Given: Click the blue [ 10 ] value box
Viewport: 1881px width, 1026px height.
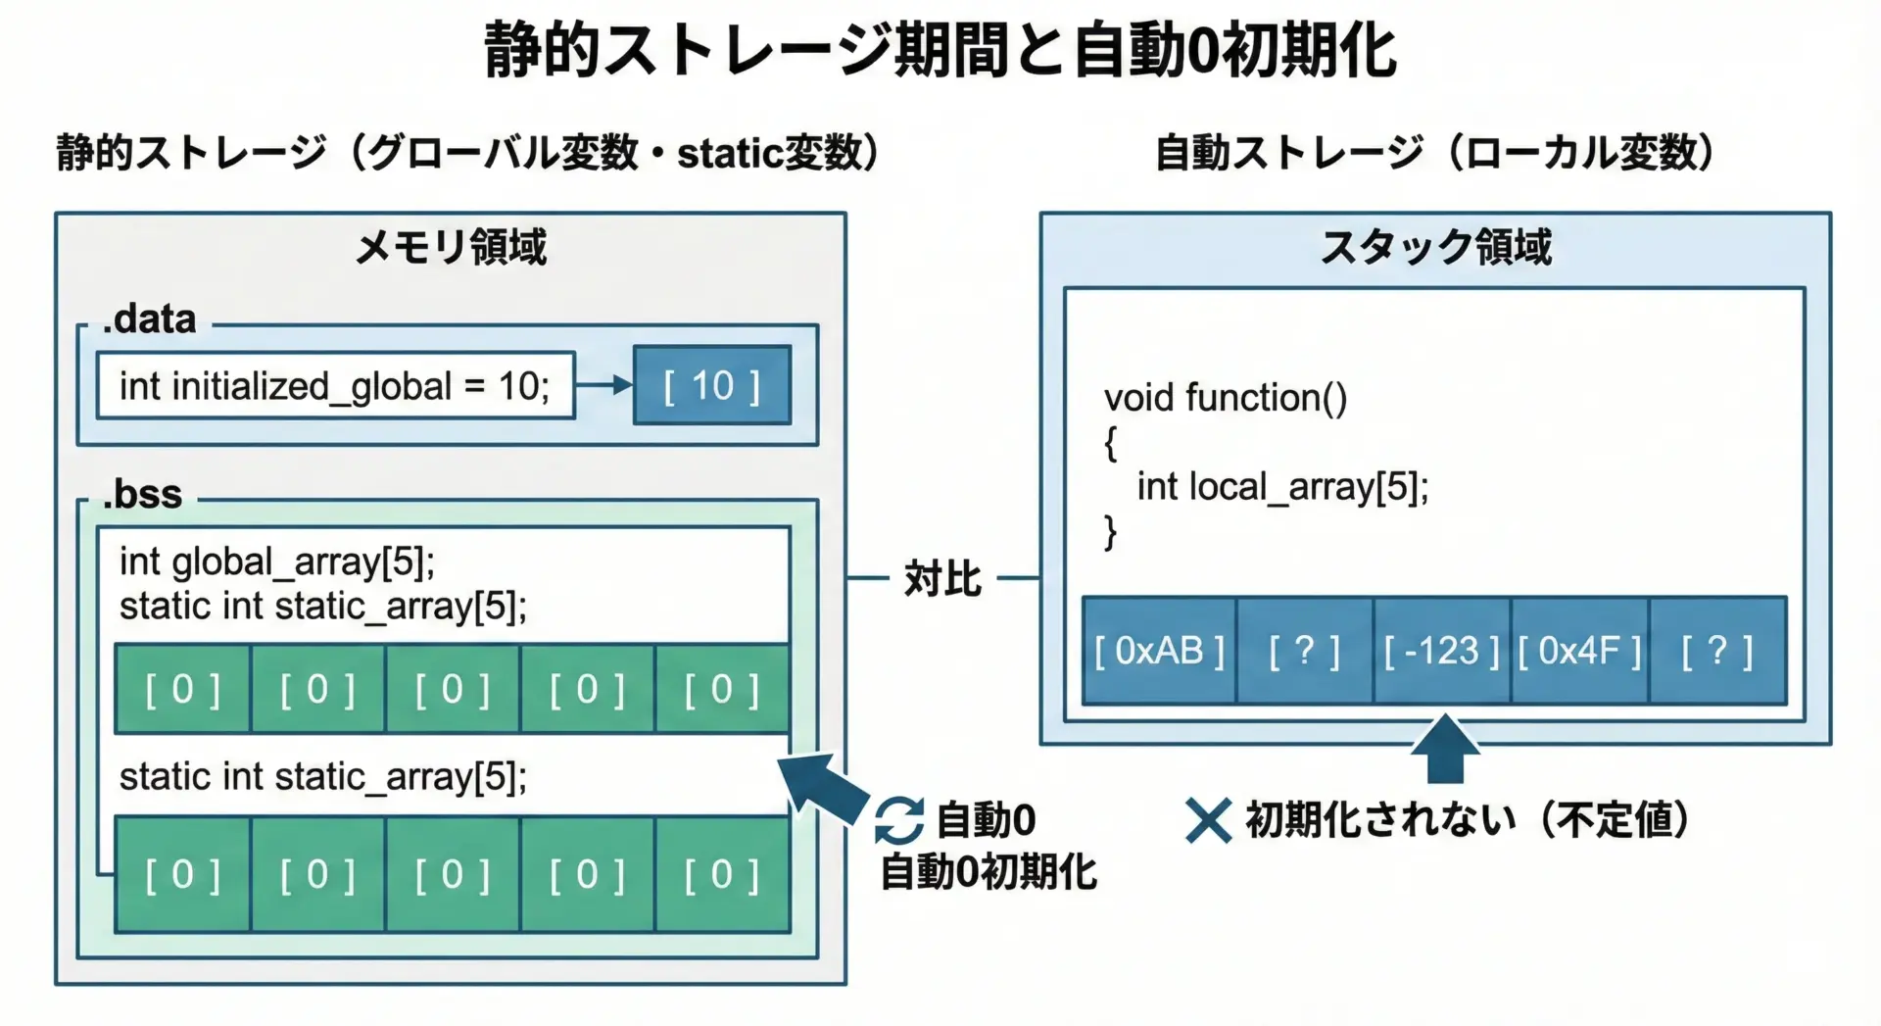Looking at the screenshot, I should (x=711, y=385).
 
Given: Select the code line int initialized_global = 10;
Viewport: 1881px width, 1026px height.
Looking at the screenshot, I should (x=335, y=386).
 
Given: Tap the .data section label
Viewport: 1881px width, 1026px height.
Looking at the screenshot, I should (x=150, y=319).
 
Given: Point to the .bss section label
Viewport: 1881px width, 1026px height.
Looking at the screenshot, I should (x=143, y=494).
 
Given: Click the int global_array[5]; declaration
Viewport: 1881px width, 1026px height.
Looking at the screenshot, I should (x=277, y=562).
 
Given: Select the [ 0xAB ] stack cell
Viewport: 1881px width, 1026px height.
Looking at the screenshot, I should (x=1159, y=651).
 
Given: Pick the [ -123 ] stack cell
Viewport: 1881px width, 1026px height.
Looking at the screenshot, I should (x=1441, y=651).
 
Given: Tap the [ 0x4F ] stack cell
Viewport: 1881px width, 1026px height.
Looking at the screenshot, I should (x=1579, y=651).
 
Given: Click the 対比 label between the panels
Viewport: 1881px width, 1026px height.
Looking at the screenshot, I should (x=941, y=578).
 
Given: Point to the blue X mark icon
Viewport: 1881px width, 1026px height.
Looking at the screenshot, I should (x=1208, y=820).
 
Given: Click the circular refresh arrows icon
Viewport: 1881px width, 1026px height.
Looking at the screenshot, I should (x=898, y=820).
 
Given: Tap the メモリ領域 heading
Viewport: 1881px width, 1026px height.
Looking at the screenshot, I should (x=451, y=247).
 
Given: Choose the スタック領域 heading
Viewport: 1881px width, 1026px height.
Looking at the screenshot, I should (x=1435, y=247).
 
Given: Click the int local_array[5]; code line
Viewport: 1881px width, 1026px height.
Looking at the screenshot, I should (x=1282, y=487).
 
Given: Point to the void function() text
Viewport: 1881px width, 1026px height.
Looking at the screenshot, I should (x=1226, y=398).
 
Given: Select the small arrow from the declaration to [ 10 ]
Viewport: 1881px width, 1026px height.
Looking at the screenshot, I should (x=603, y=385).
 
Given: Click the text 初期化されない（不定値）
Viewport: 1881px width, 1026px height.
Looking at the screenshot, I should (x=1467, y=820).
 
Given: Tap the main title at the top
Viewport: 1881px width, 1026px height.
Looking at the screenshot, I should (x=940, y=51).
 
